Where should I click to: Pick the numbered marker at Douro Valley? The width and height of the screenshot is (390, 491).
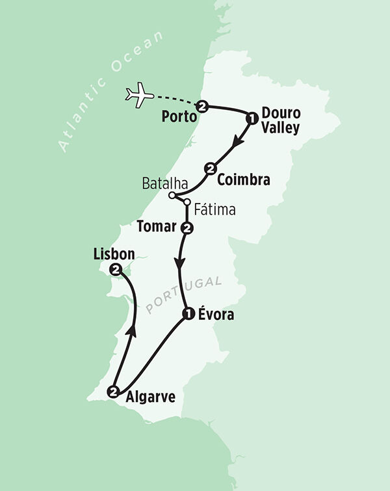click(x=251, y=118)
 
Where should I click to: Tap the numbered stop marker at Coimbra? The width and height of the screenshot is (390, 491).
click(x=210, y=168)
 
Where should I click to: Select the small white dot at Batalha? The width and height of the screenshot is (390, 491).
click(x=172, y=195)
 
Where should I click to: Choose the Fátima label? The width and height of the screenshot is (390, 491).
click(x=214, y=210)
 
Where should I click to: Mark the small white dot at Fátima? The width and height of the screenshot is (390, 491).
click(x=187, y=202)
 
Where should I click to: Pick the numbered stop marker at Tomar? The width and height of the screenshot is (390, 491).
click(x=187, y=228)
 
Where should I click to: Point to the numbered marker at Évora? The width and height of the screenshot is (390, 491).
click(x=188, y=315)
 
